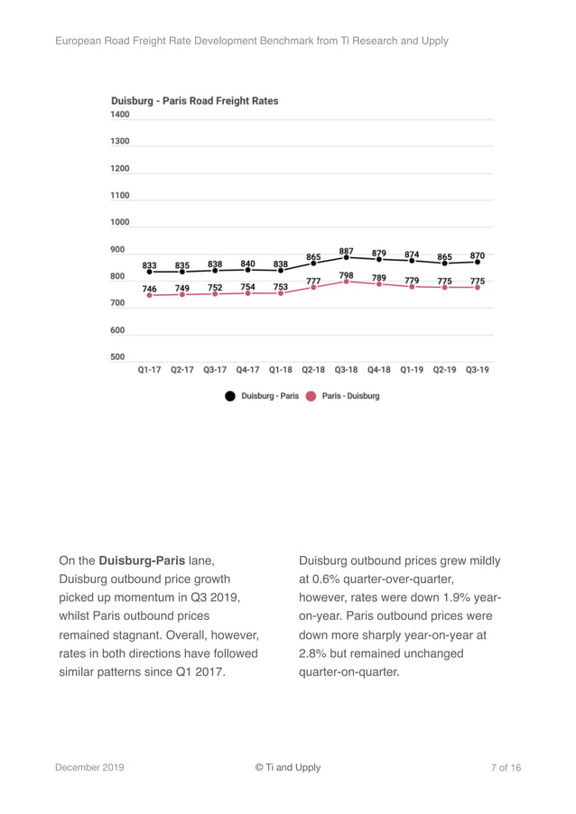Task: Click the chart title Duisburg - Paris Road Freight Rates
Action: pyautogui.click(x=195, y=101)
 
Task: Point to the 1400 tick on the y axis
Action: pyautogui.click(x=120, y=115)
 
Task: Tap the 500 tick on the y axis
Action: pyautogui.click(x=118, y=356)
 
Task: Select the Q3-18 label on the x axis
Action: pyautogui.click(x=346, y=370)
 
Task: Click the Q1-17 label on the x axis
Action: pyautogui.click(x=149, y=370)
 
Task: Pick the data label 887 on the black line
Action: pyautogui.click(x=347, y=251)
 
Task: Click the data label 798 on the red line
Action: pyautogui.click(x=347, y=275)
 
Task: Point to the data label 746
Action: pyautogui.click(x=150, y=289)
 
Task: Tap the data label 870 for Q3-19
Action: pyautogui.click(x=478, y=255)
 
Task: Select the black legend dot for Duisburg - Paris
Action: pyautogui.click(x=230, y=396)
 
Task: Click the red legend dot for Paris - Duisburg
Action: pyautogui.click(x=311, y=396)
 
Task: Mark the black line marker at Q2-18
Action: pyautogui.click(x=313, y=264)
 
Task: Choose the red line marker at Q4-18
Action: pyautogui.click(x=379, y=284)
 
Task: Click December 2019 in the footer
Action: pyautogui.click(x=89, y=768)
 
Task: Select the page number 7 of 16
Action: pyautogui.click(x=506, y=768)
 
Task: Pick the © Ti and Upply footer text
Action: pyautogui.click(x=287, y=768)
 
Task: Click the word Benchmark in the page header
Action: pyautogui.click(x=284, y=41)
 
